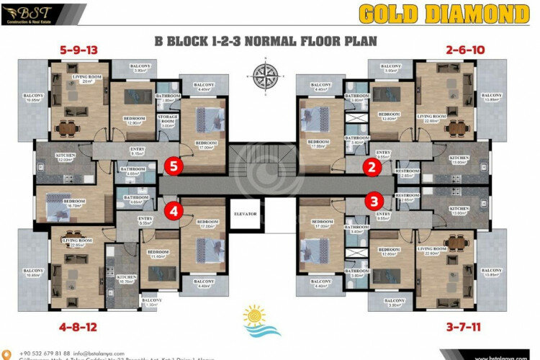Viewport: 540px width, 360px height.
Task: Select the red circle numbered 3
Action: click(x=374, y=201)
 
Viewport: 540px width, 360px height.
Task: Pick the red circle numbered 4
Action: click(x=174, y=210)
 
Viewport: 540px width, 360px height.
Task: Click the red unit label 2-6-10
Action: click(x=466, y=50)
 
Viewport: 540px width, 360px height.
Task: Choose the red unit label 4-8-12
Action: click(x=73, y=326)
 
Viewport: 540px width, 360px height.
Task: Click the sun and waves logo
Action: click(x=254, y=320)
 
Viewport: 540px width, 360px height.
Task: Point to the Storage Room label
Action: click(x=168, y=123)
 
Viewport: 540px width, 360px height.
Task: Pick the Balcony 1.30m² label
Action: click(x=152, y=302)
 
